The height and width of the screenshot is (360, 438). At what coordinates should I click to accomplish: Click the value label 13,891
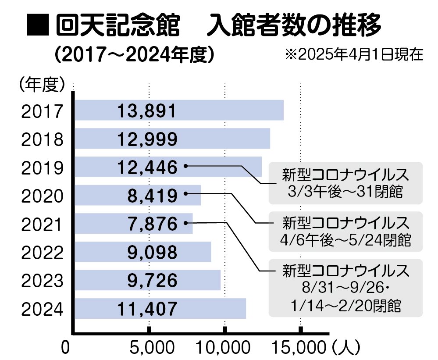point(147,111)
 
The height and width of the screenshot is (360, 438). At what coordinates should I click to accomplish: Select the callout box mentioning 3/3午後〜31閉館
point(345,183)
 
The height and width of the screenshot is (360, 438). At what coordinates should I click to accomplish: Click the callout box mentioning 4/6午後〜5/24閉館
point(345,232)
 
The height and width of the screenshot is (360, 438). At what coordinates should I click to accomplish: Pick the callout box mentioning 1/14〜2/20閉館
point(345,288)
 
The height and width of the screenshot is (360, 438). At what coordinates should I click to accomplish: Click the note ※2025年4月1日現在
point(354,54)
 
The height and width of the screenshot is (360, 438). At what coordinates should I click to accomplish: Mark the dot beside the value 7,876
point(185,223)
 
